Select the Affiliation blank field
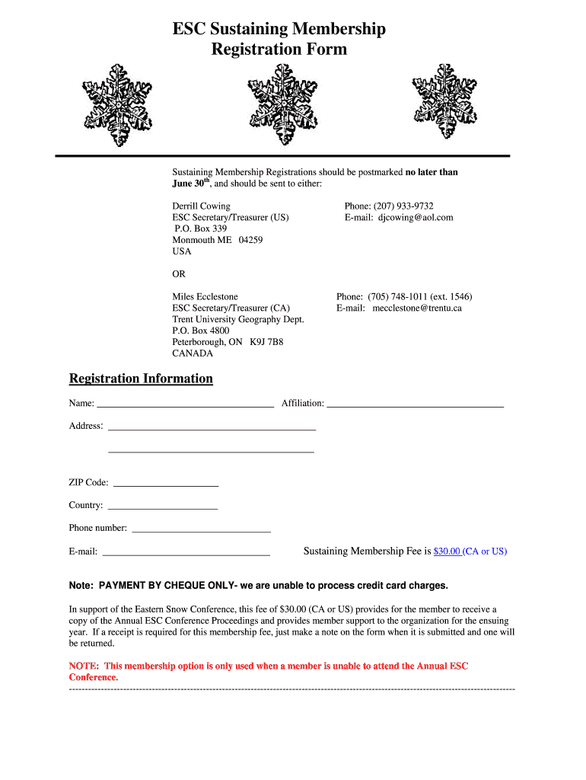click(415, 404)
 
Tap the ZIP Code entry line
click(165, 483)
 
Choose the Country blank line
click(163, 506)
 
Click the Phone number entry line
click(201, 528)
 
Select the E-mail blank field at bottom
click(186, 552)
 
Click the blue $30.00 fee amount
click(447, 551)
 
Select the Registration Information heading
click(141, 379)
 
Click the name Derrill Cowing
click(201, 206)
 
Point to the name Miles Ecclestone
click(205, 296)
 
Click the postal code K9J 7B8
click(266, 342)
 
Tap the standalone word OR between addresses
click(179, 273)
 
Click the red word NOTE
click(84, 666)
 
